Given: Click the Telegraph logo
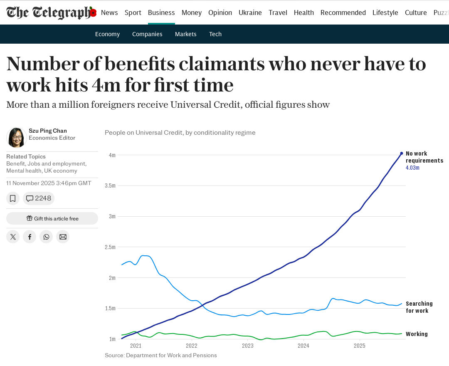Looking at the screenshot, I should click(x=51, y=12).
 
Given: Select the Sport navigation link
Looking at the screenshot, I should click(x=133, y=12).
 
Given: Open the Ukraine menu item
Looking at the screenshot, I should click(x=250, y=12).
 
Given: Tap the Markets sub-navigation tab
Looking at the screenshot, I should click(x=185, y=34).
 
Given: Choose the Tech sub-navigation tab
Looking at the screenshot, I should click(x=215, y=34).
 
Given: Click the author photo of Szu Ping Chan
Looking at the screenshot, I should click(x=17, y=138).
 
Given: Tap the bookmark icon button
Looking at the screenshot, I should click(x=13, y=198).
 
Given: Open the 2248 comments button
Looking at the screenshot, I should click(x=39, y=198).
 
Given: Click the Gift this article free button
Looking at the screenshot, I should click(x=52, y=218).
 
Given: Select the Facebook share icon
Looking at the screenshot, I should click(x=30, y=237).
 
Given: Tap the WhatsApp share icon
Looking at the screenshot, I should click(x=46, y=237).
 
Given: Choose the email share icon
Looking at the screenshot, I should click(x=63, y=237).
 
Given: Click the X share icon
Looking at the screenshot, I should click(x=13, y=237).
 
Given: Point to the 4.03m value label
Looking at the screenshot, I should click(x=412, y=168).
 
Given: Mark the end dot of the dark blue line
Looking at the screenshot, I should click(x=401, y=153).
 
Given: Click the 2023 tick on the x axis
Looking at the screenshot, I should click(x=247, y=346).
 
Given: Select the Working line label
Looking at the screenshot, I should click(x=417, y=334).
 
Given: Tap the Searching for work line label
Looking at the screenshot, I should click(x=419, y=307).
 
